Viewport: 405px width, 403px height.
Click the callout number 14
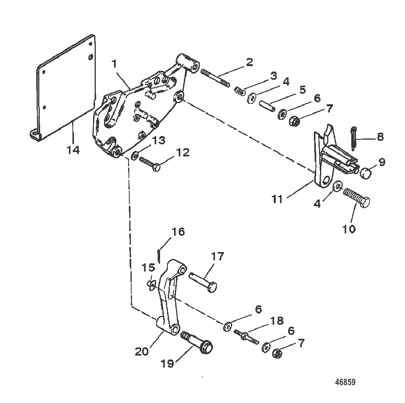tap(73, 150)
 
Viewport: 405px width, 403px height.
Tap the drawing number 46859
tap(345, 382)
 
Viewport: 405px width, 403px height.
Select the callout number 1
tap(114, 64)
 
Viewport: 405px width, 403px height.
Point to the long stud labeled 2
tap(215, 77)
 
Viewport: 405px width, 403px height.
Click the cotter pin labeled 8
tap(354, 138)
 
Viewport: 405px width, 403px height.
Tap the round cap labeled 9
tap(366, 173)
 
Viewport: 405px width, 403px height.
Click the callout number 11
tap(277, 199)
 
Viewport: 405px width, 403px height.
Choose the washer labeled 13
tap(134, 156)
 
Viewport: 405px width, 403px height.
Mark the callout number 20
tap(142, 351)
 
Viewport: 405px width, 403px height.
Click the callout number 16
tap(178, 232)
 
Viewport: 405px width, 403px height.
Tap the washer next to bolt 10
tap(338, 186)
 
